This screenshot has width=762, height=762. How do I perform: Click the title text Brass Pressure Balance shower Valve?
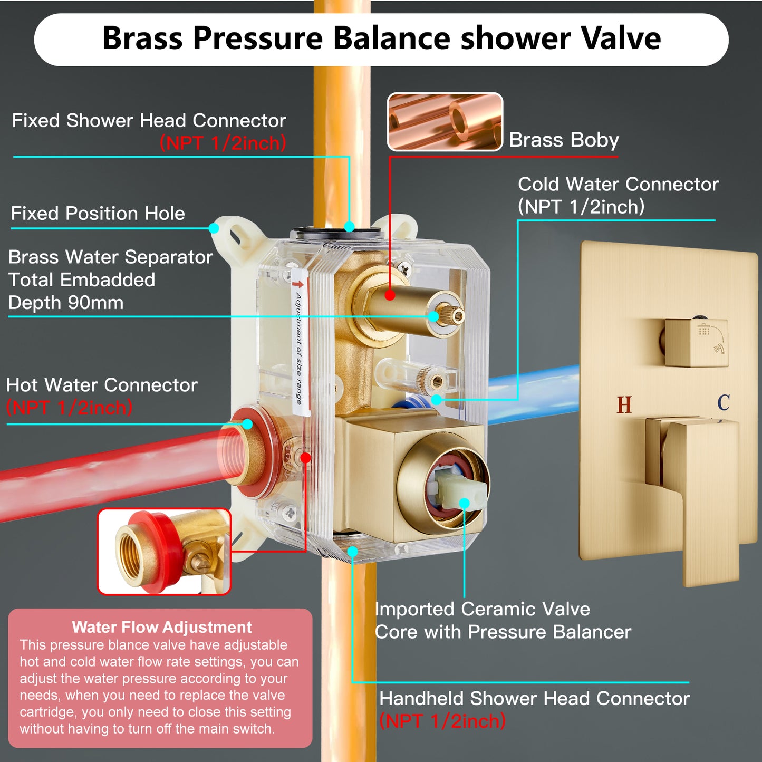(x=381, y=38)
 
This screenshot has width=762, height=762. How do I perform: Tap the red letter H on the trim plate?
(x=624, y=404)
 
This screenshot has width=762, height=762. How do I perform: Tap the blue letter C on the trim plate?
(x=724, y=402)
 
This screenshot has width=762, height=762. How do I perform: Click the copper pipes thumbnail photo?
(x=445, y=122)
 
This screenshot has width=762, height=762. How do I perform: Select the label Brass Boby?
(x=564, y=140)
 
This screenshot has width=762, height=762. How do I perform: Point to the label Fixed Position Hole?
(x=98, y=213)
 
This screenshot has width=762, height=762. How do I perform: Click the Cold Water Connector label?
(x=618, y=195)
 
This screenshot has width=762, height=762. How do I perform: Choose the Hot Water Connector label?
(x=102, y=396)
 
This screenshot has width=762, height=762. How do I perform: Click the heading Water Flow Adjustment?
(x=162, y=627)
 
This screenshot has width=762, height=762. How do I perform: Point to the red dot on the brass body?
(x=390, y=295)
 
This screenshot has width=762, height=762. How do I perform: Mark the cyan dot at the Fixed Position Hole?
(x=214, y=228)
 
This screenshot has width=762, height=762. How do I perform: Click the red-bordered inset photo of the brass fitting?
(x=164, y=552)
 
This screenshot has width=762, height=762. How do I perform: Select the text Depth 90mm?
(x=65, y=303)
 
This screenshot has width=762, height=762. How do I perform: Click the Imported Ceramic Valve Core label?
(x=502, y=621)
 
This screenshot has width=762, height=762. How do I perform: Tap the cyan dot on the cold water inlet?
(x=436, y=400)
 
